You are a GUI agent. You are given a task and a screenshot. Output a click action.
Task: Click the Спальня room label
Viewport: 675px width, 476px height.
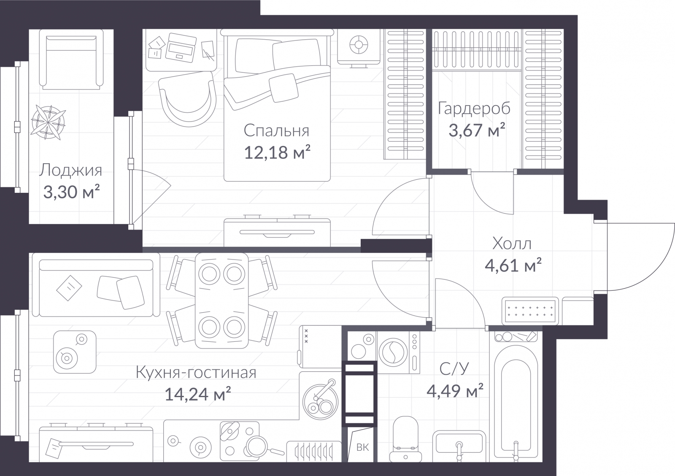[x=276, y=131]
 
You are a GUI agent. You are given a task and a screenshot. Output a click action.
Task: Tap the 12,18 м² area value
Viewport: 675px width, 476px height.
[x=277, y=152]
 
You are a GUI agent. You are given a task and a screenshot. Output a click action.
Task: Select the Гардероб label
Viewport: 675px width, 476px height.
[x=474, y=108]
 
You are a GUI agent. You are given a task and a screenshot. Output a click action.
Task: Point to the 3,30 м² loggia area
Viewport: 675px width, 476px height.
[x=71, y=192]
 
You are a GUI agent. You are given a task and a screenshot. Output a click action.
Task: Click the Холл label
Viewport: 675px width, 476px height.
[x=512, y=243]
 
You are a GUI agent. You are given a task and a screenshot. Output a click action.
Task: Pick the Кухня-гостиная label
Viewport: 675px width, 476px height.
[x=196, y=373]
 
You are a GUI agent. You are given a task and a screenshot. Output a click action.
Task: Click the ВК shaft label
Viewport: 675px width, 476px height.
[x=362, y=447]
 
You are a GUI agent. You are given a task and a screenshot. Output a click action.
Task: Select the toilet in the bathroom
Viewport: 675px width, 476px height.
[x=405, y=439]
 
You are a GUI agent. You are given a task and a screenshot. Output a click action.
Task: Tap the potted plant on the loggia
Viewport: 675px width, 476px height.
[x=48, y=122]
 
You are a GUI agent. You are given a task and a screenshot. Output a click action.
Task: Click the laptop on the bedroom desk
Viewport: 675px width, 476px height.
[x=181, y=48]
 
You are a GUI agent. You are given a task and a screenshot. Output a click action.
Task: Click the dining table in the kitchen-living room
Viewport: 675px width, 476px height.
[x=222, y=300]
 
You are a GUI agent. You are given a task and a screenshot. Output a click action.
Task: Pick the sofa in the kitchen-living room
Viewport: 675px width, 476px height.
[x=96, y=285]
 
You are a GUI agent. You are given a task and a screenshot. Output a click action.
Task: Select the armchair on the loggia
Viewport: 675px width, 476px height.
[x=71, y=59]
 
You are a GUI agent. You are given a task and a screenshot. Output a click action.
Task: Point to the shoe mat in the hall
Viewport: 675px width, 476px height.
[x=530, y=311]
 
